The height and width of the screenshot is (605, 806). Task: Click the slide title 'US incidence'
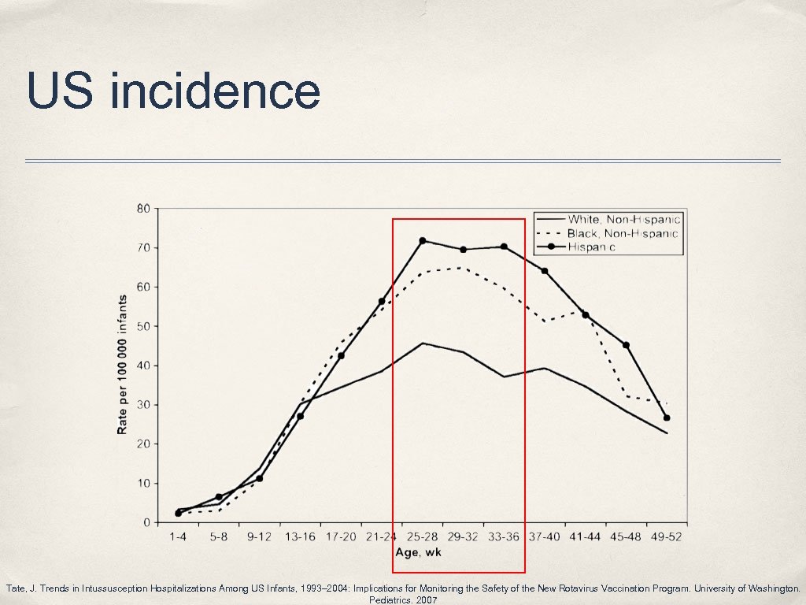[173, 91]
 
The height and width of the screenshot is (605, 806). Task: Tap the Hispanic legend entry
[601, 247]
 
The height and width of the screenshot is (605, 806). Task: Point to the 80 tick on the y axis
[144, 209]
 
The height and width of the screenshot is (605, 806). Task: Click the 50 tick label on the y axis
[144, 326]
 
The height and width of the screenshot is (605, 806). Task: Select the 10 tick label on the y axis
[144, 483]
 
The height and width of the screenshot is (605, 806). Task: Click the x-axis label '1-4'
[178, 537]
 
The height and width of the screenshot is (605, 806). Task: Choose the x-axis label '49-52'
[666, 537]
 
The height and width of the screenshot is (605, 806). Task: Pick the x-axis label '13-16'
[300, 537]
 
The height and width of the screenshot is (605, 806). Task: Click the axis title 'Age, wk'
[418, 553]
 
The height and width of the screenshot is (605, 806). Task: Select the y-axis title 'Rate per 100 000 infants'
[123, 366]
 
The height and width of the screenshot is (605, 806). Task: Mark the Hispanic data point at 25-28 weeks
[423, 241]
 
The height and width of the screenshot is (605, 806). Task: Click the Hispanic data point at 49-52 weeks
[667, 418]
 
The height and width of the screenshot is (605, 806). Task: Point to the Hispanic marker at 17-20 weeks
[341, 355]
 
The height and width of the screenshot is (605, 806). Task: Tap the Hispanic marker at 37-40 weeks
[545, 271]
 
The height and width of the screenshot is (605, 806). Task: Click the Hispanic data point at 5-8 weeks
[219, 497]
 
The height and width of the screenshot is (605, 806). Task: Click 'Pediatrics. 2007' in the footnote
[402, 599]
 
